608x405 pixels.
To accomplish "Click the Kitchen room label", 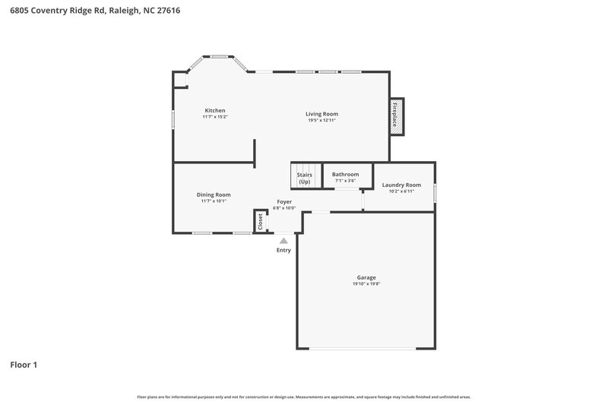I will [214, 110].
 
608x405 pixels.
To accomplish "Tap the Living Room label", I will [321, 113].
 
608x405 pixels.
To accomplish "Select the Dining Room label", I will [215, 195].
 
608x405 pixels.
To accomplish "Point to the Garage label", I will [366, 277].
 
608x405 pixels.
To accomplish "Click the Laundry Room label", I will [401, 185].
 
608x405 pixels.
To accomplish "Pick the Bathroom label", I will [345, 174].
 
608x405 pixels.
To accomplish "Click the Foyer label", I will [283, 201].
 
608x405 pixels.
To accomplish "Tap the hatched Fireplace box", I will [395, 117].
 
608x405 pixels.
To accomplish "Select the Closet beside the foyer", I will [260, 221].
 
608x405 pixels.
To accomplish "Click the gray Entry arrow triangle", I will [283, 240].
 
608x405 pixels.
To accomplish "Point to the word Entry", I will [283, 250].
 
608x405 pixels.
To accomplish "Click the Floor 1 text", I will [23, 365].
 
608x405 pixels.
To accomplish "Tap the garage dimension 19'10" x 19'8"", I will [366, 284].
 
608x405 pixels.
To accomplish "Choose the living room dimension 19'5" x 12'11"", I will [321, 120].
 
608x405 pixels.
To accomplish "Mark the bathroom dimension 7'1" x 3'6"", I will [345, 181].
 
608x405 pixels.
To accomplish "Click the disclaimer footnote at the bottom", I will [303, 397].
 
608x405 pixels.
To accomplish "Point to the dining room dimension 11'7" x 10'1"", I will [215, 201].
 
